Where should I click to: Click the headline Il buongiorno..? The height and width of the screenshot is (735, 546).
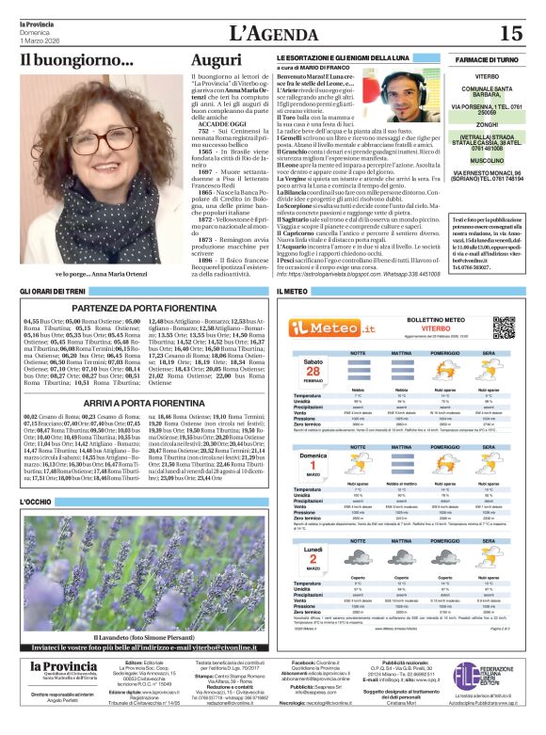[77, 61]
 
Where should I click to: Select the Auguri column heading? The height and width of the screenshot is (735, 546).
[217, 60]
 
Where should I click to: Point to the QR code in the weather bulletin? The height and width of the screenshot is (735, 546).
[505, 327]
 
